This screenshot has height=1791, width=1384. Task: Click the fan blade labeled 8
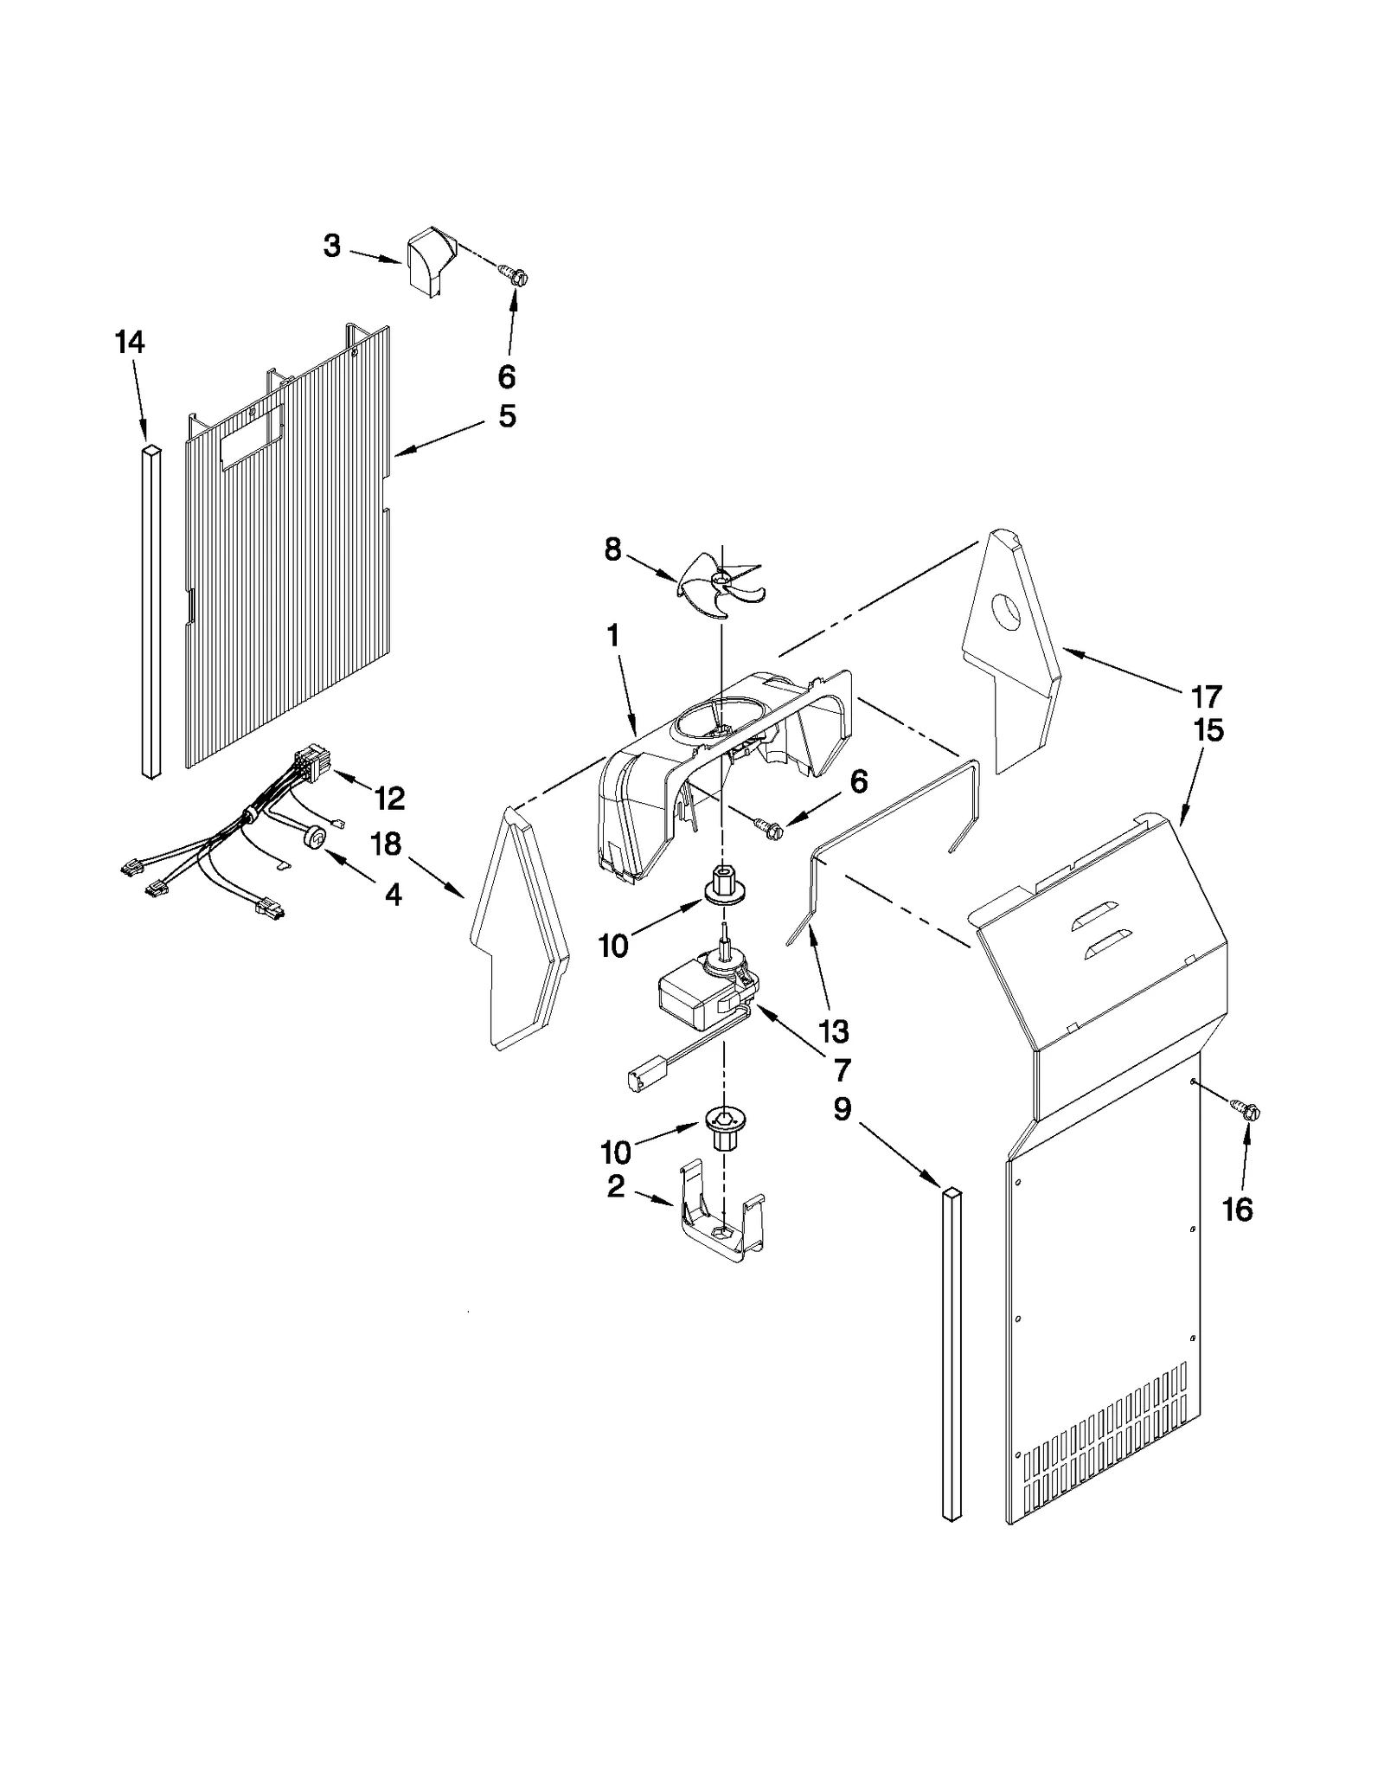pos(720,586)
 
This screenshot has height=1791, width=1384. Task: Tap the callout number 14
pos(130,343)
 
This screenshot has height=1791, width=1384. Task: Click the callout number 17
pos(1206,696)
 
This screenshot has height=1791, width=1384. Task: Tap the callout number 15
pos(1208,730)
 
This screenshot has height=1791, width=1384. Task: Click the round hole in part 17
pos(1006,612)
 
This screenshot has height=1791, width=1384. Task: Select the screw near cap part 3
pos(514,277)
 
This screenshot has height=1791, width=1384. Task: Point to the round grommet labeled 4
pos(317,838)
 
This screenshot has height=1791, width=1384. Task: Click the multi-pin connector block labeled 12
pos(307,765)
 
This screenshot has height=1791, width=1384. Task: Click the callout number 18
pos(386,844)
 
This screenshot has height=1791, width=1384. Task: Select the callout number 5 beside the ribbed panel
pos(507,416)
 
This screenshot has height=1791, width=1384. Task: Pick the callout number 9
pos(843,1109)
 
